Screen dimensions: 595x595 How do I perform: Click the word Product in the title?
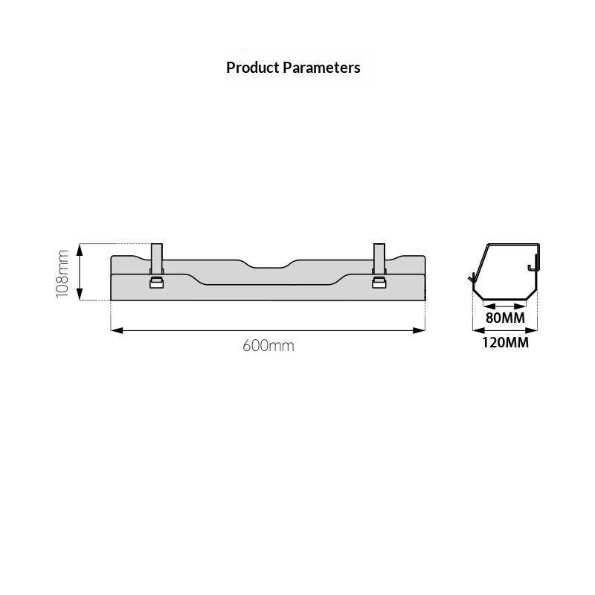(253, 68)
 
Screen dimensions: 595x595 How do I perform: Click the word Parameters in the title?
(322, 68)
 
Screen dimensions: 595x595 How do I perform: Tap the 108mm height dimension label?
(62, 274)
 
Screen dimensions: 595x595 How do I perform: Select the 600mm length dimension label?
(268, 346)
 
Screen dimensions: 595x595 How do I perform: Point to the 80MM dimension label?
(506, 318)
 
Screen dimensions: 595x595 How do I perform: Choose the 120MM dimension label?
(506, 343)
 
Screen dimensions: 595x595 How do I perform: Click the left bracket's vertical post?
(157, 258)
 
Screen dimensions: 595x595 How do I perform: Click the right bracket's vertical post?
(379, 258)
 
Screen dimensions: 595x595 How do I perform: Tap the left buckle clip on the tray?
(156, 283)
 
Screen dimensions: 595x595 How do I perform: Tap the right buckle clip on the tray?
(379, 283)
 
